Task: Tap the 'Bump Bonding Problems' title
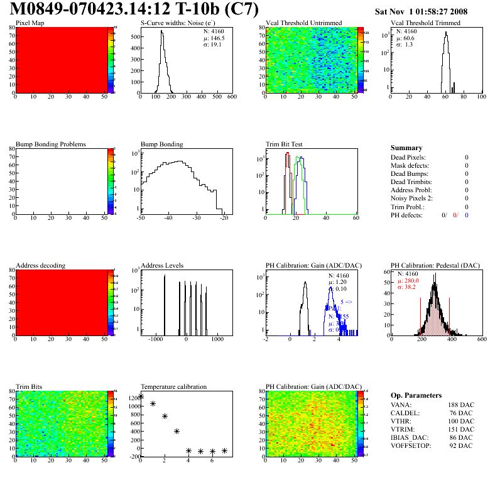pyautogui.click(x=51, y=144)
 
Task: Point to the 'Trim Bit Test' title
pyautogui.click(x=285, y=144)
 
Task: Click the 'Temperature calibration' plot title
pyautogui.click(x=173, y=386)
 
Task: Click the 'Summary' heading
pyautogui.click(x=406, y=148)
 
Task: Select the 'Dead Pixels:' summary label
pyautogui.click(x=408, y=157)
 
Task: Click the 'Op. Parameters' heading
pyautogui.click(x=413, y=395)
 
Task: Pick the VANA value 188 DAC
pyautogui.click(x=462, y=405)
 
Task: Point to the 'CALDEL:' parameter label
pyautogui.click(x=405, y=413)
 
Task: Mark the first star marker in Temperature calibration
pyautogui.click(x=141, y=396)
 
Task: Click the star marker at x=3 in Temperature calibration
pyautogui.click(x=177, y=431)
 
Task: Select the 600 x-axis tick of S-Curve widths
pyautogui.click(x=231, y=97)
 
